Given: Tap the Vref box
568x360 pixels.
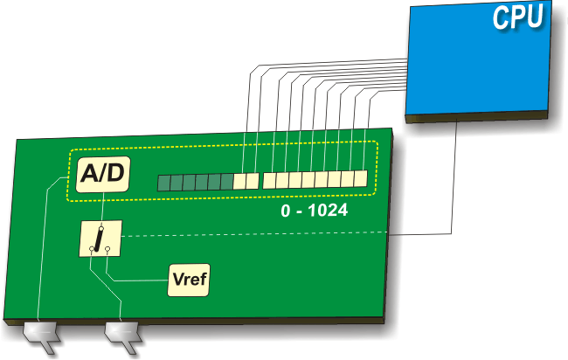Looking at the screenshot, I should coord(189,281).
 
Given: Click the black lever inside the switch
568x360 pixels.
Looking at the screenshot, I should coord(100,238).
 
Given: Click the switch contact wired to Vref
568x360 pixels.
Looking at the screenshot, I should coord(107,250).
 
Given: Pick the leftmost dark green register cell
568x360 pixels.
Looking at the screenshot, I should coord(163,182).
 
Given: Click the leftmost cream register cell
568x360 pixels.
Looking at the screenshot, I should coord(239,182).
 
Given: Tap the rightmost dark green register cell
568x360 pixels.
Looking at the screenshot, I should coord(227,182).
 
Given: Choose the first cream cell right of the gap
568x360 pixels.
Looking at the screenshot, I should coord(269,181).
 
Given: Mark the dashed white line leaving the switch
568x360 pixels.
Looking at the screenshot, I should coord(262,234).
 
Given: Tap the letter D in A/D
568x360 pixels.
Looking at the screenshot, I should coord(116,176).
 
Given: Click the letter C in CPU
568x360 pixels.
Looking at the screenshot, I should coord(502,17).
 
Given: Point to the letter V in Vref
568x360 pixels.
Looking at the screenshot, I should coord(177,281).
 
